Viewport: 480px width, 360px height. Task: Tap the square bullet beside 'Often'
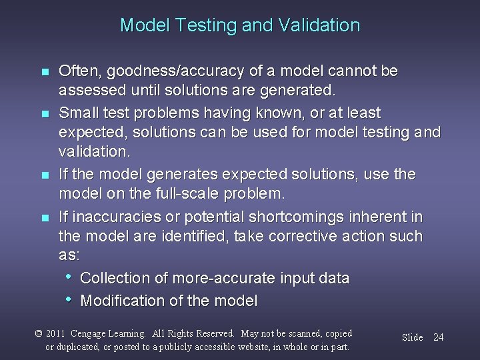45,72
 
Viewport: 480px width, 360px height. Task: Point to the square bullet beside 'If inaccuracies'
45,218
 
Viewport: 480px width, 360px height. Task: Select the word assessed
87,89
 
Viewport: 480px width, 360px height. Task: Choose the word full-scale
188,194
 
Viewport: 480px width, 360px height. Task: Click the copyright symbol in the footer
38,333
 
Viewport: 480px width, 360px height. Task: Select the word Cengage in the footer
91,333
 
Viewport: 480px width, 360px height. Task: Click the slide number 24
438,337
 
